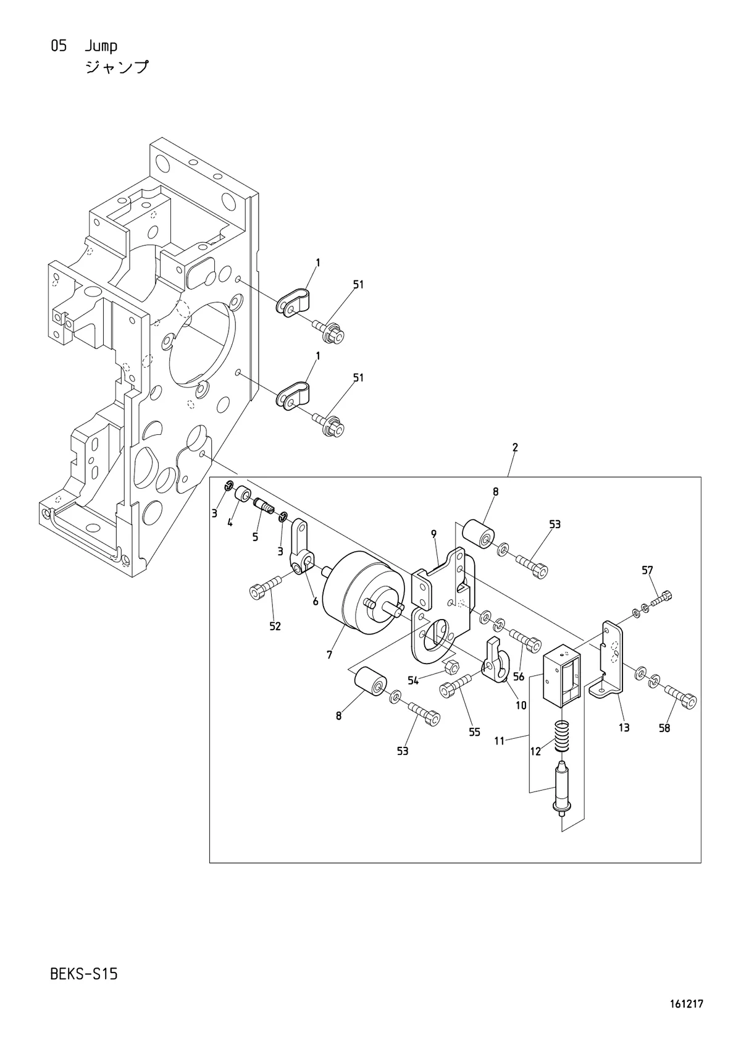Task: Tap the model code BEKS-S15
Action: [x=84, y=974]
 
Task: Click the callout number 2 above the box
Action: [x=515, y=447]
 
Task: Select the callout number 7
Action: [x=330, y=655]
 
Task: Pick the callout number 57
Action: [x=647, y=570]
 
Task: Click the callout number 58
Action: [x=664, y=728]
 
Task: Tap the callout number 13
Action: [x=624, y=727]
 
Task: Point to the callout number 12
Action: [x=535, y=752]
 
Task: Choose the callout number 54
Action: [x=413, y=681]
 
